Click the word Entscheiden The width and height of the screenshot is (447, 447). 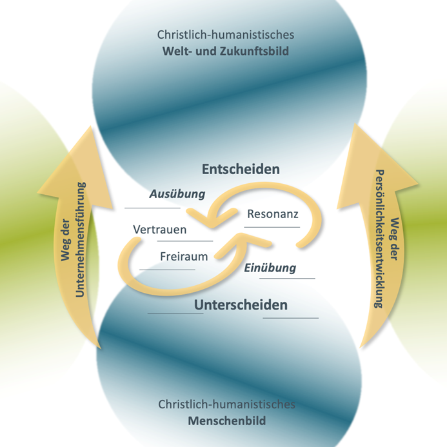241,170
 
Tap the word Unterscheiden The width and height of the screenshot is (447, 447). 241,304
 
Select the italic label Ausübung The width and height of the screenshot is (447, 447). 177,194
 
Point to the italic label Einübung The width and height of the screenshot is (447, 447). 270,268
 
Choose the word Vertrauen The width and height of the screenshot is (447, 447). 159,230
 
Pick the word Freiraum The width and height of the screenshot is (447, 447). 184,256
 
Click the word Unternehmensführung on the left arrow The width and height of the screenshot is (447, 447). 81,240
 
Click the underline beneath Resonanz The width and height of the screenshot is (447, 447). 272,227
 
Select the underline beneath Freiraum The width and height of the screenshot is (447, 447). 166,270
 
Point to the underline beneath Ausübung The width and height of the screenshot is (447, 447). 153,208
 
